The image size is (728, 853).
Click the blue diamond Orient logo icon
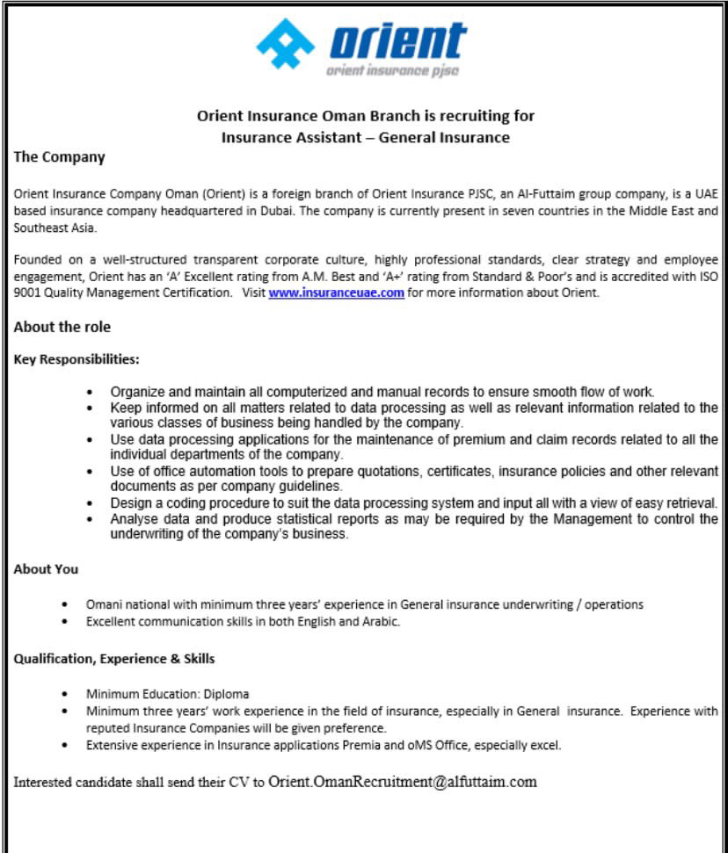point(285,44)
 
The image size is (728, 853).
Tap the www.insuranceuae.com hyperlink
point(336,293)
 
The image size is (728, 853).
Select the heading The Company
point(59,157)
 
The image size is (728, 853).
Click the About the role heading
point(62,327)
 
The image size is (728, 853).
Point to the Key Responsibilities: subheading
point(76,359)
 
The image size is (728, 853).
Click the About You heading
point(46,569)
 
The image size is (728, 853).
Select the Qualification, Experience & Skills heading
point(114,658)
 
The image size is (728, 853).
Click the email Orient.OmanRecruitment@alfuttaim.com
point(402,781)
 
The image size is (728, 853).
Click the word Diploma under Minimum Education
point(229,694)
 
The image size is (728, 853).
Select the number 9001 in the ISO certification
point(27,293)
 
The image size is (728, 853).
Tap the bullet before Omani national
point(66,605)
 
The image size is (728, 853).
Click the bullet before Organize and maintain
point(91,392)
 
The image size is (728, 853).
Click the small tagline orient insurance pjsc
point(392,71)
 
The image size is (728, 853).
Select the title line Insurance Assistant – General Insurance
point(365,137)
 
